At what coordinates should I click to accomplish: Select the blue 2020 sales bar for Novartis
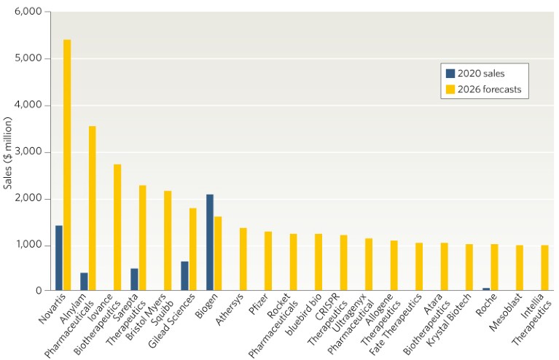(59, 258)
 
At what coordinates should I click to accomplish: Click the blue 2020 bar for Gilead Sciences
(184, 276)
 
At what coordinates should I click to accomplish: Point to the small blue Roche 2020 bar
(487, 289)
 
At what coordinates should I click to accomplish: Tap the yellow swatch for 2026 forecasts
(450, 90)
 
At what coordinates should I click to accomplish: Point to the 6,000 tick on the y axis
(27, 12)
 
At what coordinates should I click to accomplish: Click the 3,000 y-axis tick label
(27, 152)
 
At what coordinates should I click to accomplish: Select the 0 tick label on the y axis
(39, 291)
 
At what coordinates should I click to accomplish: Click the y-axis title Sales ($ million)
(9, 151)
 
